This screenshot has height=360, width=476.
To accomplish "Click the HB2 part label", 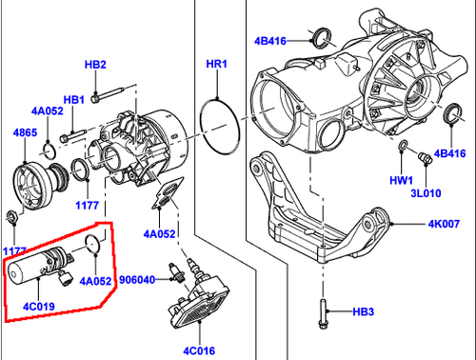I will (x=95, y=64).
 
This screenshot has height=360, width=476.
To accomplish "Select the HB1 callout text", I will (x=73, y=99).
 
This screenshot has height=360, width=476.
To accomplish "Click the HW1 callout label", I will (x=400, y=179).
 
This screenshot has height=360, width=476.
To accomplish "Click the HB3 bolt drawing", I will (x=325, y=310).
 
